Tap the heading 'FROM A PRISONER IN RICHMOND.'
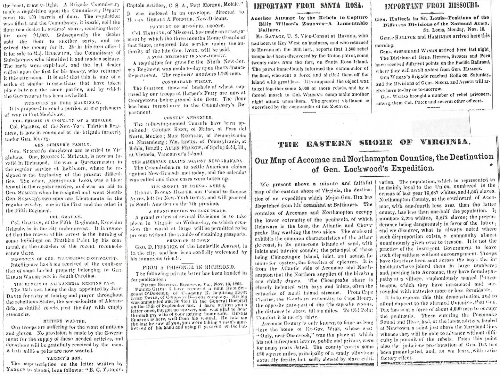(188, 267)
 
